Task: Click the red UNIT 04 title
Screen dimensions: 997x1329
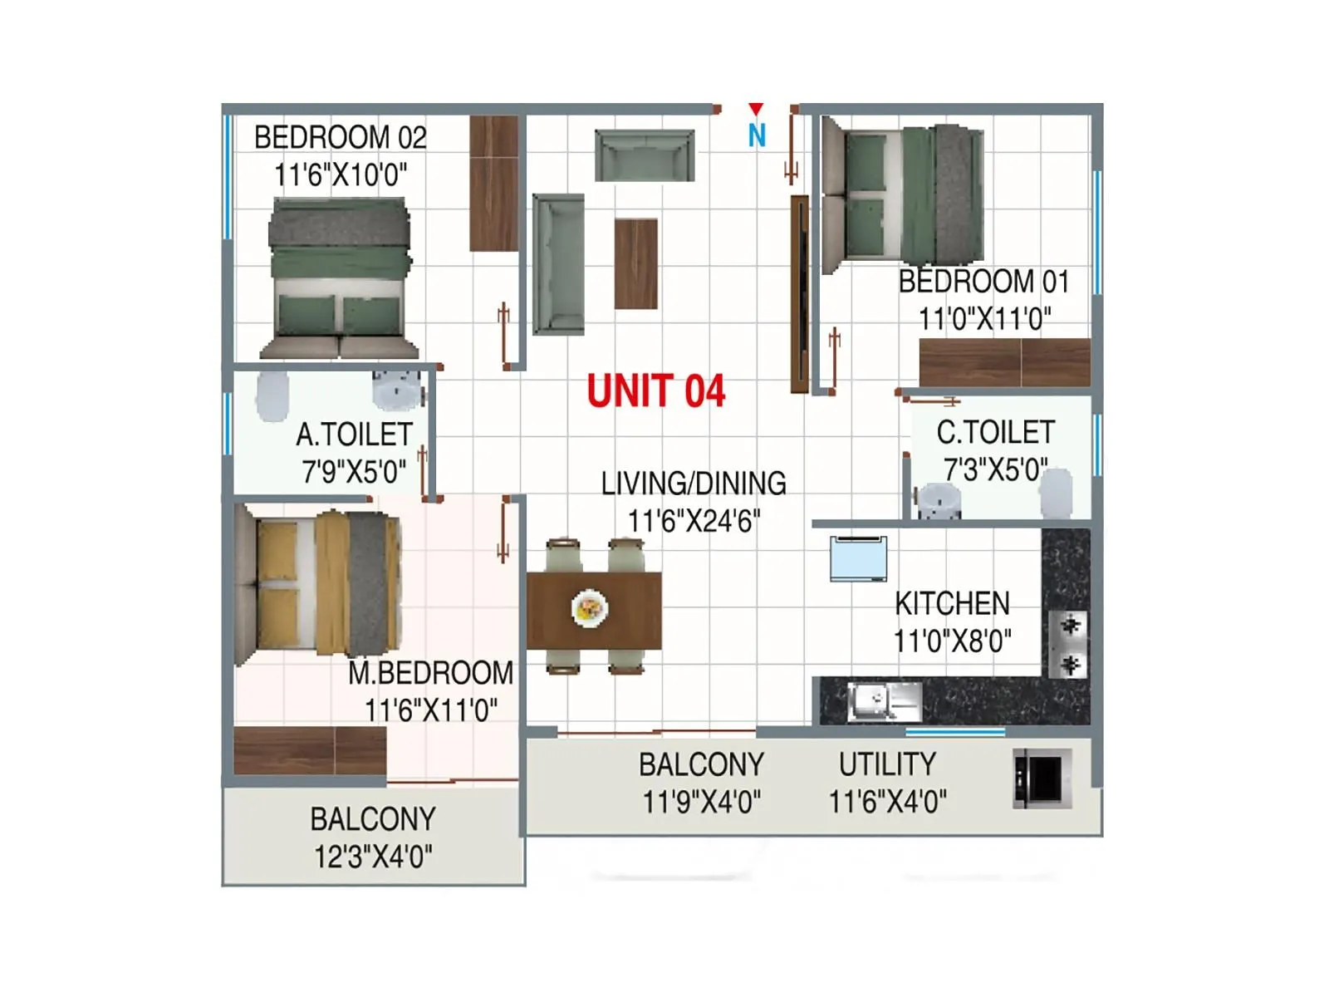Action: [655, 390]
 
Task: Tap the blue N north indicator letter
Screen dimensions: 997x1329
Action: [756, 135]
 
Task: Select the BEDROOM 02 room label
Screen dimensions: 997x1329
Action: [340, 137]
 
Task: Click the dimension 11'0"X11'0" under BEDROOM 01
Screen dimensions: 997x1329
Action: [984, 318]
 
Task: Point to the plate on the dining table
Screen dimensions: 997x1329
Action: [590, 609]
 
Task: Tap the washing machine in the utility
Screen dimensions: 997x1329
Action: [1042, 778]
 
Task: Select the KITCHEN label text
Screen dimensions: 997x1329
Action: [952, 603]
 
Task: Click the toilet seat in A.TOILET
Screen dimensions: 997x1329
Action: [272, 395]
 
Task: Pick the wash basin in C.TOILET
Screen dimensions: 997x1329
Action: [939, 501]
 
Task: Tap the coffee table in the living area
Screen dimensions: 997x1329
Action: [636, 263]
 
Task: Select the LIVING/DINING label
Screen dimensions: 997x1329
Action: [694, 483]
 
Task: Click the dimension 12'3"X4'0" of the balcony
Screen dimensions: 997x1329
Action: [373, 857]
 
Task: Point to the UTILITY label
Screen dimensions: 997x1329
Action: [887, 764]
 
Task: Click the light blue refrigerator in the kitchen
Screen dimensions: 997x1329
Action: [858, 558]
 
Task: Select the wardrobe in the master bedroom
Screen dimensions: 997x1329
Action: [310, 750]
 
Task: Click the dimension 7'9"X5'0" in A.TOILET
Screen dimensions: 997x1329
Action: [354, 472]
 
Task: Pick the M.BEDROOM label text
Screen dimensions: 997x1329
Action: [430, 672]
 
